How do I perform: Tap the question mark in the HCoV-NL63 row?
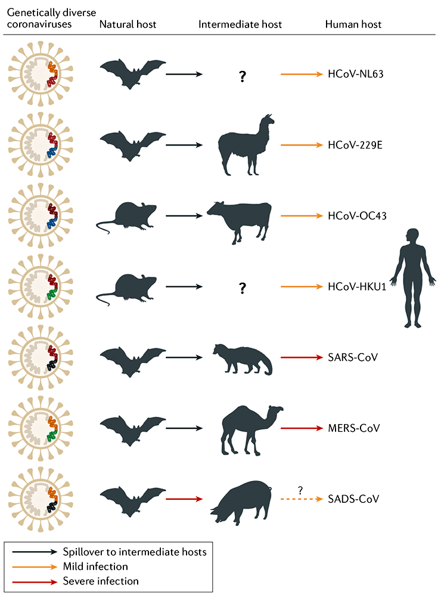coord(242,76)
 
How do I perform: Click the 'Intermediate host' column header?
coord(240,24)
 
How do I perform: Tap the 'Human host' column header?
coord(353,24)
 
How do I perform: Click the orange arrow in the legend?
coord(33,566)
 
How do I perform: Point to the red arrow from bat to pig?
coord(184,497)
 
